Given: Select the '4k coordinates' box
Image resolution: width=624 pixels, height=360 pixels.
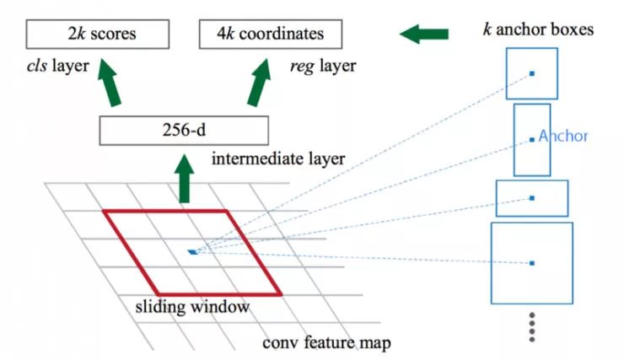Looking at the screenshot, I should (x=272, y=35).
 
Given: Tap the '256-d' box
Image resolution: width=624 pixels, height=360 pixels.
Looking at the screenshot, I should (x=183, y=131).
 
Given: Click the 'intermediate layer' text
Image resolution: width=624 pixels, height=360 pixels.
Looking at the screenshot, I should (x=277, y=159).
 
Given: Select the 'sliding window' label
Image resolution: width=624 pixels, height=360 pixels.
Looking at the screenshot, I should (x=192, y=307).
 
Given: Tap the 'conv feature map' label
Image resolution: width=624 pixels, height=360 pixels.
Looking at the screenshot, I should (x=326, y=343).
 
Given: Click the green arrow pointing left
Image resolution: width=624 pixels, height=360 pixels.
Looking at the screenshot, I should (x=424, y=35).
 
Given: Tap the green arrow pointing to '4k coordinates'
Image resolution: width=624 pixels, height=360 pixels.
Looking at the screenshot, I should (x=261, y=84).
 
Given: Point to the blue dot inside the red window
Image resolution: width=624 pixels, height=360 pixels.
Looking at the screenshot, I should (x=193, y=251).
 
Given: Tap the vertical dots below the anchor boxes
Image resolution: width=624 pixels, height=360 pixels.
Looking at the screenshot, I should (x=532, y=327).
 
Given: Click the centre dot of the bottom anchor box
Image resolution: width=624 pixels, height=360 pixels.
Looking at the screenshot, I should (x=532, y=264).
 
